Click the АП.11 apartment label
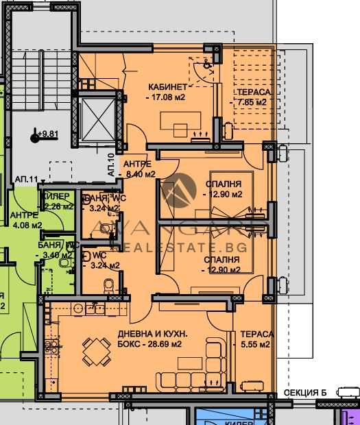point(26,179)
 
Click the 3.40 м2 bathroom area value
point(56,255)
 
